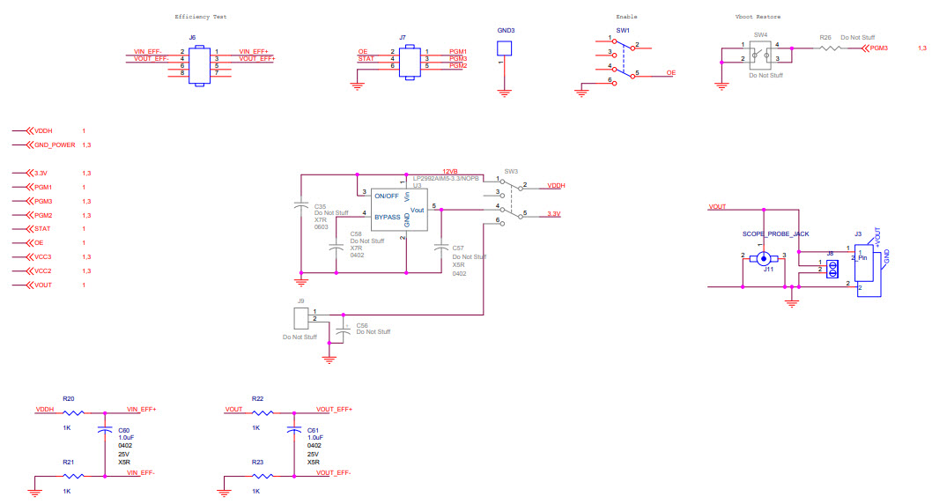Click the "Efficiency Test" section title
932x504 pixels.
tap(202, 17)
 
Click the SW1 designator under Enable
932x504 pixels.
tap(623, 30)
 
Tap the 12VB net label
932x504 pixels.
tap(451, 171)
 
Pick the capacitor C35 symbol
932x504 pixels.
tap(301, 208)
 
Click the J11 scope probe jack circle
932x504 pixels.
tap(765, 258)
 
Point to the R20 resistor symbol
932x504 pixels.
tap(74, 412)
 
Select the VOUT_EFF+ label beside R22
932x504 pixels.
tap(334, 409)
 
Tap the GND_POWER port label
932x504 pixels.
tap(55, 145)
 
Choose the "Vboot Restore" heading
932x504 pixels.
tap(757, 17)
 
